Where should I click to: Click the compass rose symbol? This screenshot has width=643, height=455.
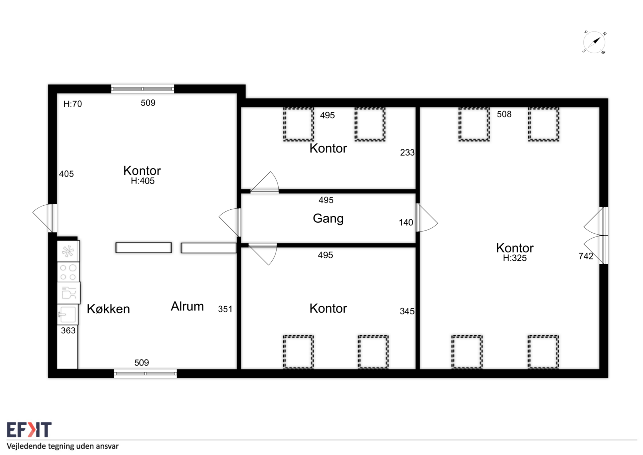[594, 42]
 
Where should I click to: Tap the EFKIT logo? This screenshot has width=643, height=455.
[29, 430]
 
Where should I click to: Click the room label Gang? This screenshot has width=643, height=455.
[328, 218]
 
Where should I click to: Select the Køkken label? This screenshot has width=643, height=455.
[108, 309]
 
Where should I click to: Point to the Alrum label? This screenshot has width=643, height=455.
[187, 306]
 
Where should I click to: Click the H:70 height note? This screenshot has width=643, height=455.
[73, 104]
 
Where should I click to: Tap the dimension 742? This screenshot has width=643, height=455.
[586, 256]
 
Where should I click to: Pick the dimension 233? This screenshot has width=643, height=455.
[407, 152]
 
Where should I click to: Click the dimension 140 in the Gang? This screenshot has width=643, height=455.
[406, 222]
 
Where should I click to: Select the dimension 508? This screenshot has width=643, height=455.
[504, 114]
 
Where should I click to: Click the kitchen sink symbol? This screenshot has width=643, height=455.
[68, 314]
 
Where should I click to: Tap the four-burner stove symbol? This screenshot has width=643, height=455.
[68, 272]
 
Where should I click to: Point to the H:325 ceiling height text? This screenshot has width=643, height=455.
[515, 258]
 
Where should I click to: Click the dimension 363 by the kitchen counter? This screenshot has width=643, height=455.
[68, 330]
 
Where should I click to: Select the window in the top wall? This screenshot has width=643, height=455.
[142, 89]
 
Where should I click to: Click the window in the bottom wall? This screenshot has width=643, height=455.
[145, 374]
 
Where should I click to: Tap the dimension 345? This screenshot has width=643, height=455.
[407, 311]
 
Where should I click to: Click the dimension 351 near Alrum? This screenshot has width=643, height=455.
[225, 309]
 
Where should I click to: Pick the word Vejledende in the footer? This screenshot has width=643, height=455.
[26, 446]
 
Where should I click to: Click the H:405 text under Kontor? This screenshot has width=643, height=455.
[143, 181]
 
